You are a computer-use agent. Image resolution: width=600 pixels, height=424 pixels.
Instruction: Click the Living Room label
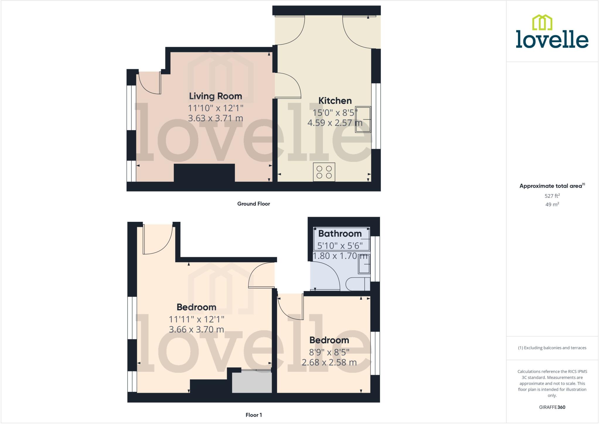pyautogui.click(x=215, y=96)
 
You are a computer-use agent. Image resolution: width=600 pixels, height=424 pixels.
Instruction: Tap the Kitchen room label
pyautogui.click(x=335, y=101)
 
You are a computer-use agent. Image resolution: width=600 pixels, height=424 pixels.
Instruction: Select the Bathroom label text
pyautogui.click(x=340, y=234)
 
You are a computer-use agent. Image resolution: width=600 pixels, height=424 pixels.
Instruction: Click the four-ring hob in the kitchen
pyautogui.click(x=324, y=172)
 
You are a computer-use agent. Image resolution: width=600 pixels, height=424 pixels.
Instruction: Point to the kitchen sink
pyautogui.click(x=363, y=119)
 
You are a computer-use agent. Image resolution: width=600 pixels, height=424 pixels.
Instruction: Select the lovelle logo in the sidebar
pyautogui.click(x=552, y=32)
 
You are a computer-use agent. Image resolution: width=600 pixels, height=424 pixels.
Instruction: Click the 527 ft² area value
pyautogui.click(x=552, y=196)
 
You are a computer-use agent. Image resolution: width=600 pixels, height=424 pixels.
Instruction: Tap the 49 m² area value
pyautogui.click(x=552, y=205)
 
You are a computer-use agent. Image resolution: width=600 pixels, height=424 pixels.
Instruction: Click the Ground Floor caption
pyautogui.click(x=253, y=204)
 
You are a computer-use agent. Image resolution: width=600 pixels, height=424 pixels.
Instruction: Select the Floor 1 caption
pyautogui.click(x=254, y=415)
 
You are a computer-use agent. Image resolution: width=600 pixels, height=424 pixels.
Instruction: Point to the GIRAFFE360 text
pyautogui.click(x=552, y=407)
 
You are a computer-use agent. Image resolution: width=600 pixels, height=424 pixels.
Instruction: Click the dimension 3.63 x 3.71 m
pyautogui.click(x=215, y=118)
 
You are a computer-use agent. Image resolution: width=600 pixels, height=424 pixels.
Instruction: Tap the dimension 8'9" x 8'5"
pyautogui.click(x=329, y=352)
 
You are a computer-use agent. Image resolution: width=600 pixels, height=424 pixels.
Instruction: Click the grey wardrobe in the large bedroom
pyautogui.click(x=252, y=382)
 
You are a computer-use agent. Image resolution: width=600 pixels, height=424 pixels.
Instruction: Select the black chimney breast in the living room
pyautogui.click(x=204, y=173)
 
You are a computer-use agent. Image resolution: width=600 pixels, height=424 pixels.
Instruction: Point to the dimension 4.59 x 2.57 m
pyautogui.click(x=335, y=123)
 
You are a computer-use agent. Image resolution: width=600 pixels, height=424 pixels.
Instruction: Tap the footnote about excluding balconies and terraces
pyautogui.click(x=552, y=348)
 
